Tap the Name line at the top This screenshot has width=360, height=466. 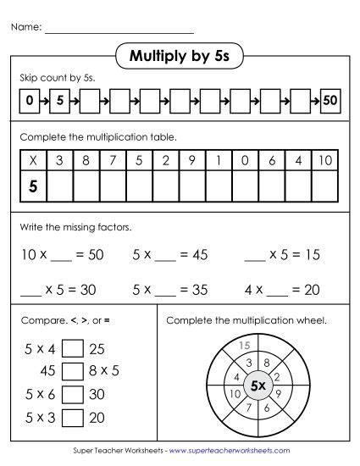click(x=119, y=29)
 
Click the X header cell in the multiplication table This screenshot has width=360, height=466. click(x=33, y=160)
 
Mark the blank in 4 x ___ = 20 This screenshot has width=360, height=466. click(x=279, y=290)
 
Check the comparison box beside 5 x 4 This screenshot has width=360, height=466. click(x=73, y=349)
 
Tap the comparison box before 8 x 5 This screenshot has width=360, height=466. click(x=73, y=370)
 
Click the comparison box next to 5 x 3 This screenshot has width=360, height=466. click(x=73, y=417)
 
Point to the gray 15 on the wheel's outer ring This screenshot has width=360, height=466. click(x=245, y=345)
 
